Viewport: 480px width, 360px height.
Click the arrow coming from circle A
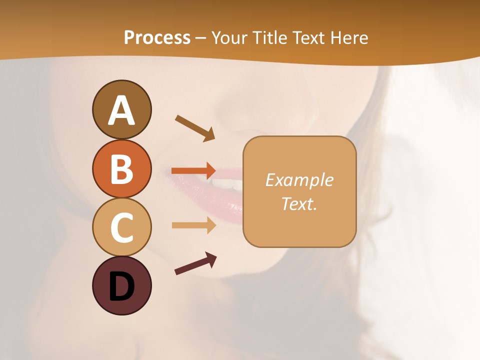[x=195, y=127]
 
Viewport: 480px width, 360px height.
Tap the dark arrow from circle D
[x=195, y=263]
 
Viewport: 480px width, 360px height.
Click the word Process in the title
[x=157, y=37]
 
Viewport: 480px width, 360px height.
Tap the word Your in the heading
[x=228, y=37]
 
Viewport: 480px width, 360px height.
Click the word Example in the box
[x=299, y=180]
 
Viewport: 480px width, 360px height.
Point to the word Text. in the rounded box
[x=299, y=204]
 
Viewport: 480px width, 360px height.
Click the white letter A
[x=121, y=110]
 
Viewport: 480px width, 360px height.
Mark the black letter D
[x=121, y=286]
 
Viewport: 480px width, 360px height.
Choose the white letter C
[x=121, y=228]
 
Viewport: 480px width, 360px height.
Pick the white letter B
[x=121, y=169]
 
